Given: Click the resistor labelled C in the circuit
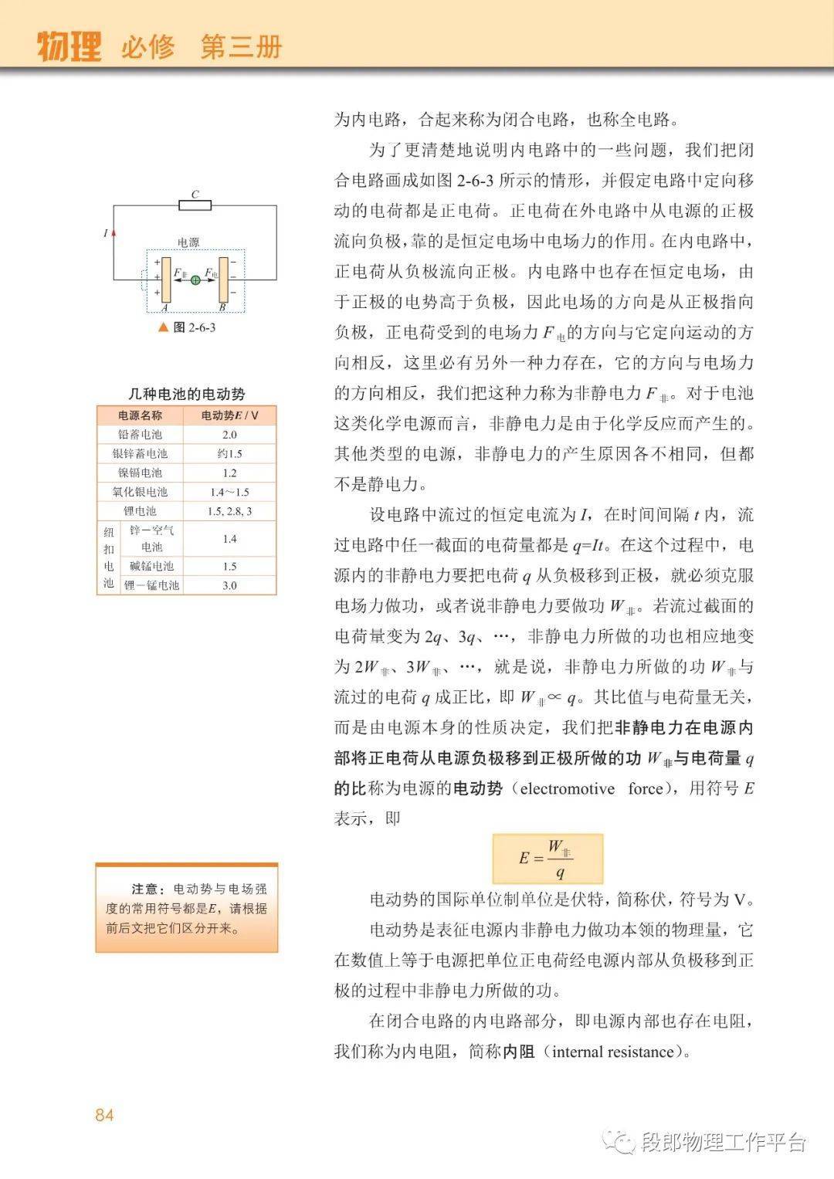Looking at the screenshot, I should tap(195, 205).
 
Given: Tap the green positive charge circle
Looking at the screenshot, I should tap(195, 280).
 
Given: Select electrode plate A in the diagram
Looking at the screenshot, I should tap(166, 280).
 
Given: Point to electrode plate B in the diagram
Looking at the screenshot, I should tap(223, 280).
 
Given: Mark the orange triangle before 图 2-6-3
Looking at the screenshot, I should tap(163, 327).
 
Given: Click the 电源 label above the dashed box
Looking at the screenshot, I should tap(188, 242).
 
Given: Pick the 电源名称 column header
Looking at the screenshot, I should tap(140, 415).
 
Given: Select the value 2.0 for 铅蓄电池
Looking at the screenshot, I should tap(229, 435).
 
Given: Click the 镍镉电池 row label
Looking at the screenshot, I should tap(140, 473).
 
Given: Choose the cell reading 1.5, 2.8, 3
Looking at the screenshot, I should tap(229, 511).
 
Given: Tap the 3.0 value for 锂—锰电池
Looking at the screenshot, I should tap(229, 585).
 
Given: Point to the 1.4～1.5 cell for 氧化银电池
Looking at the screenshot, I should tap(229, 492).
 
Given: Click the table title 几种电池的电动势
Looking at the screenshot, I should tap(186, 394).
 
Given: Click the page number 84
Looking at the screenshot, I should tap(104, 1115).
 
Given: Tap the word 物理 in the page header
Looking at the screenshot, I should tap(69, 47).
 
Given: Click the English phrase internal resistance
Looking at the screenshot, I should tap(613, 1052).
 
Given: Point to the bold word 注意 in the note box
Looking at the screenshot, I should tap(147, 889).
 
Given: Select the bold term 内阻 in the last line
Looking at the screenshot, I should tap(519, 1052).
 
